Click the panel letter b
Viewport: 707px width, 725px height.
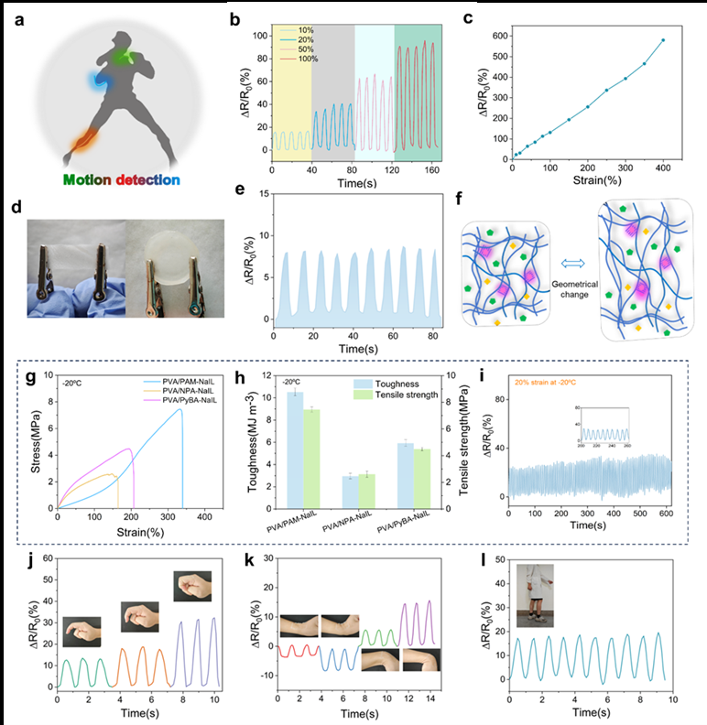235,19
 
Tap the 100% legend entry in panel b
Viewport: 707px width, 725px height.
298,60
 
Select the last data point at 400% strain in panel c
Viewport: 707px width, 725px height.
663,40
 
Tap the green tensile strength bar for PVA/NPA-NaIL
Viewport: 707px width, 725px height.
366,490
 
